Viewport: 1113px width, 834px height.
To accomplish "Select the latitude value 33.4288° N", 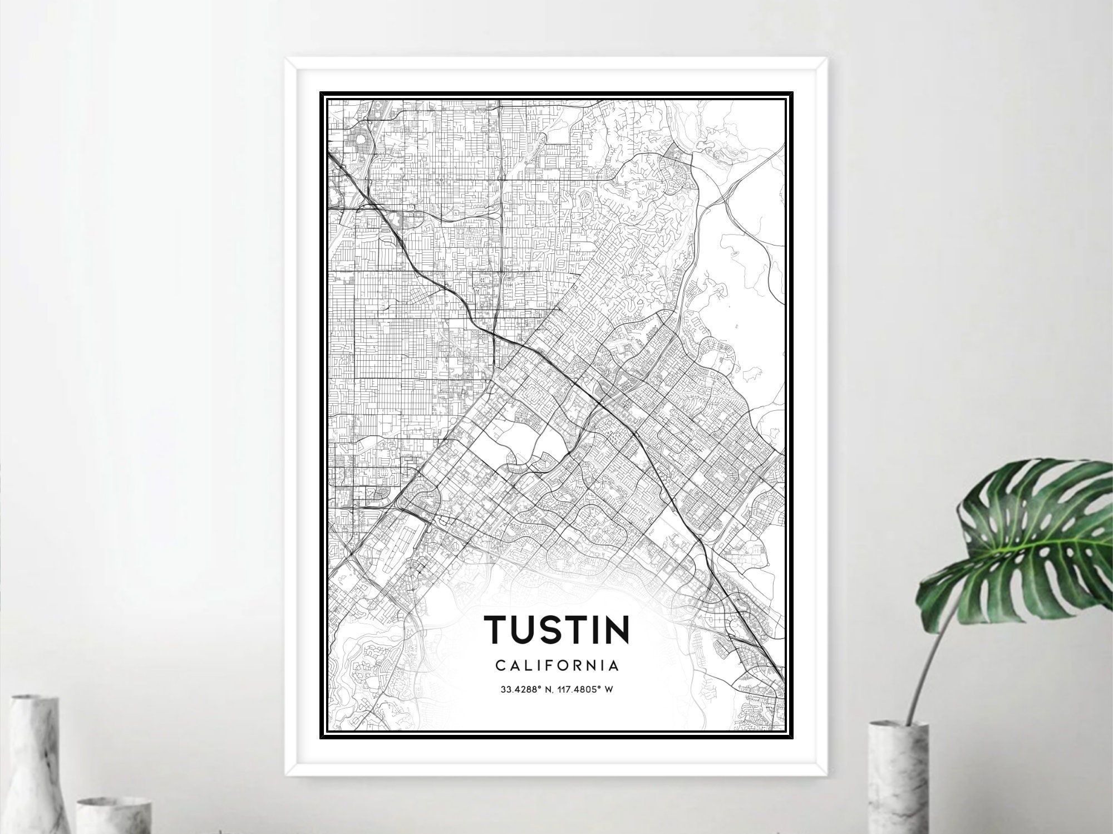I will coord(527,690).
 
